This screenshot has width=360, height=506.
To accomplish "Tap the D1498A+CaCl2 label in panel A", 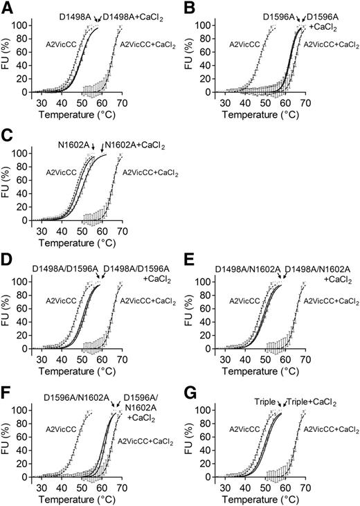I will click(132, 15).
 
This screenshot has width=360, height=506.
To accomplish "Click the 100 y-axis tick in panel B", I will click(211, 25).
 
